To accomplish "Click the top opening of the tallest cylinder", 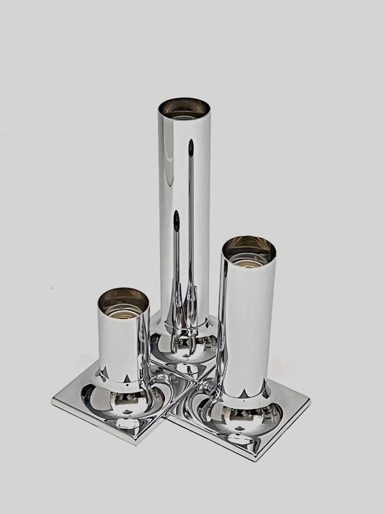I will coord(184,108).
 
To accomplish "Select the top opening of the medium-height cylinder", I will coord(248,248).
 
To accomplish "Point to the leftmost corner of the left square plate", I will coord(54,399).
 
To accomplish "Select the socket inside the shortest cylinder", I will coord(124,303).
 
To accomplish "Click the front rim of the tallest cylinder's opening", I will coord(184,119).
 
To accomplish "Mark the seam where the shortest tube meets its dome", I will coord(124,377).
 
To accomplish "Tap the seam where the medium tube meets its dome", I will coord(245,396).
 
